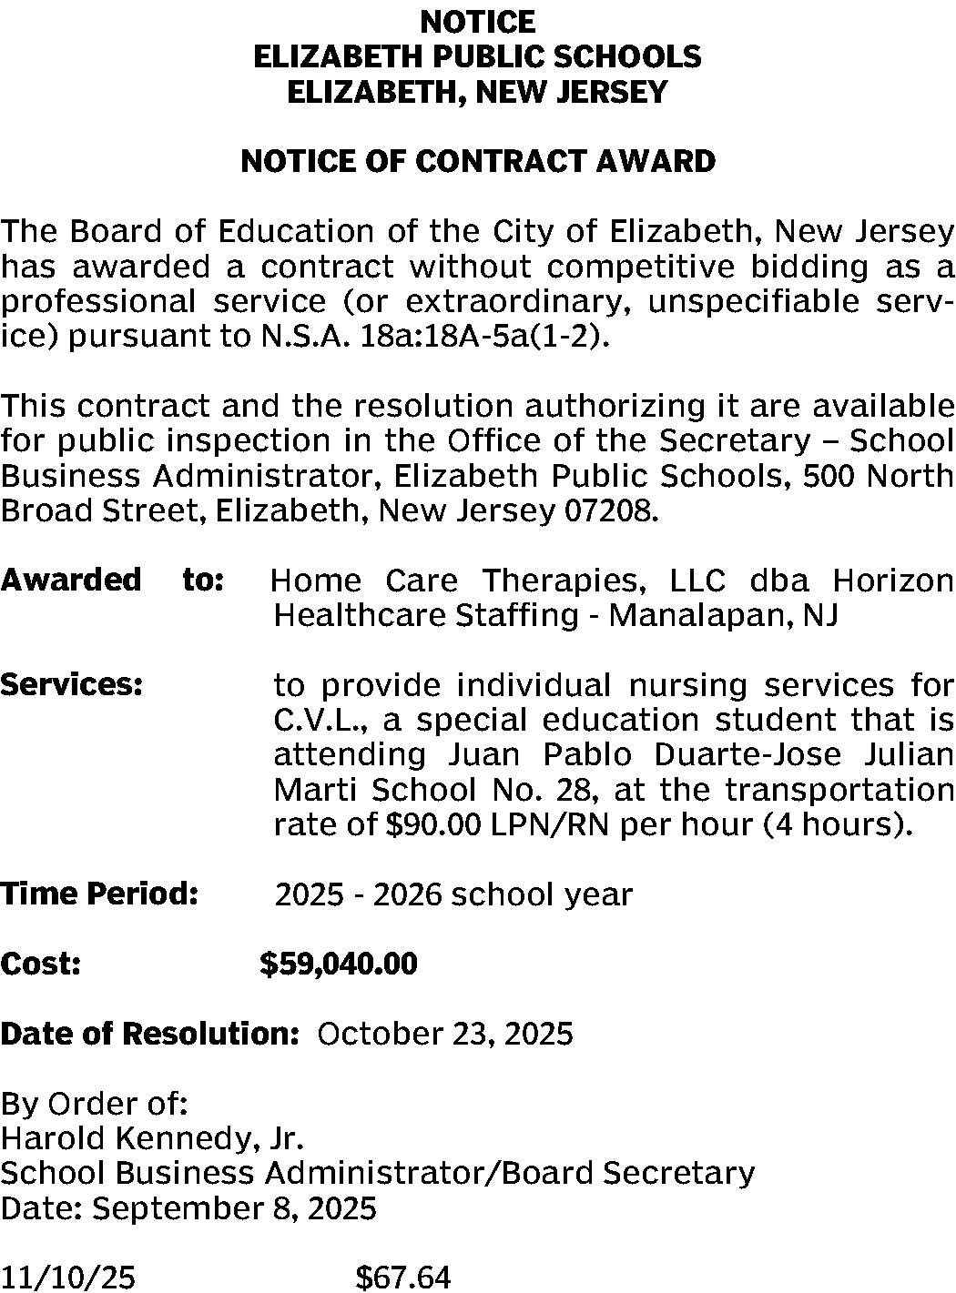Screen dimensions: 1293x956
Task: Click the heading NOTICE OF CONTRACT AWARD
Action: coord(478,162)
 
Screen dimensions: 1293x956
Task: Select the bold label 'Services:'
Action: coord(72,684)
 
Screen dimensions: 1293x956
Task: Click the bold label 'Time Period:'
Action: coord(99,894)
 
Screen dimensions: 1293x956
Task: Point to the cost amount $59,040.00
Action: coord(339,964)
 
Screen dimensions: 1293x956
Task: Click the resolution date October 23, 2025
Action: coord(445,1034)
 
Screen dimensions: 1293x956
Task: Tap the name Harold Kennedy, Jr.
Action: coord(152,1138)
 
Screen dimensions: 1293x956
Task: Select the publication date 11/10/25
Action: coord(68,1278)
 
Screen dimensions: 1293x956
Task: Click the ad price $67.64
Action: coord(402,1278)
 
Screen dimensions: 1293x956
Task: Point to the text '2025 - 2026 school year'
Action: coord(453,894)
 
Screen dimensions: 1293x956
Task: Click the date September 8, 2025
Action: coord(235,1208)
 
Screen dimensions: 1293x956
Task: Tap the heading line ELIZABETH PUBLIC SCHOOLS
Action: coord(478,56)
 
